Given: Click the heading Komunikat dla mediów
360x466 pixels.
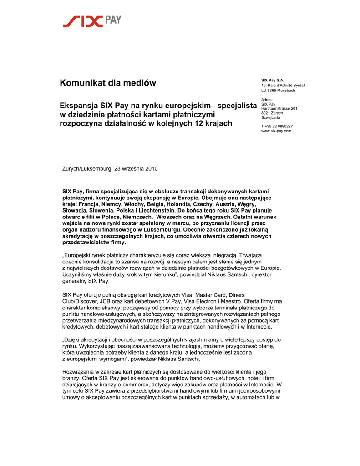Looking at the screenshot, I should coord(108,83).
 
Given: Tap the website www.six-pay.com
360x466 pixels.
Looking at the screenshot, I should coord(276,131).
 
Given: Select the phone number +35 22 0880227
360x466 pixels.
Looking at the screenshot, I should coord(279,126).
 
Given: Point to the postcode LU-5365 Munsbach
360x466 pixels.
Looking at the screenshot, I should coord(278,90).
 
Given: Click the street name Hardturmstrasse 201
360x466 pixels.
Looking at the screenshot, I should coord(279,108).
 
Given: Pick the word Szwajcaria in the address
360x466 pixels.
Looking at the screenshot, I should coord(271,117).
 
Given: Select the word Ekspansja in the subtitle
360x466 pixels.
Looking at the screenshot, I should coord(80,105).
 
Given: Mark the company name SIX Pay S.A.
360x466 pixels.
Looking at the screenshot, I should coord(273,80).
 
